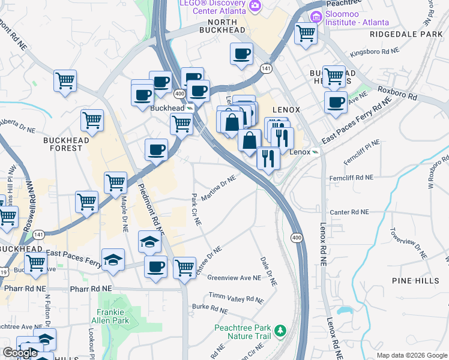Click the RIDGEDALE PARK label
pyautogui.click(x=405, y=34)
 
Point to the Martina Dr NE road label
pyautogui.click(x=218, y=188)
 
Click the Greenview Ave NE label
pyautogui.click(x=234, y=278)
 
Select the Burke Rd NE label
pyautogui.click(x=210, y=308)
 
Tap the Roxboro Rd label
pyautogui.click(x=397, y=92)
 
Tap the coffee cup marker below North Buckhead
pyautogui.click(x=241, y=53)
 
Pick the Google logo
pyautogui.click(x=20, y=353)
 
